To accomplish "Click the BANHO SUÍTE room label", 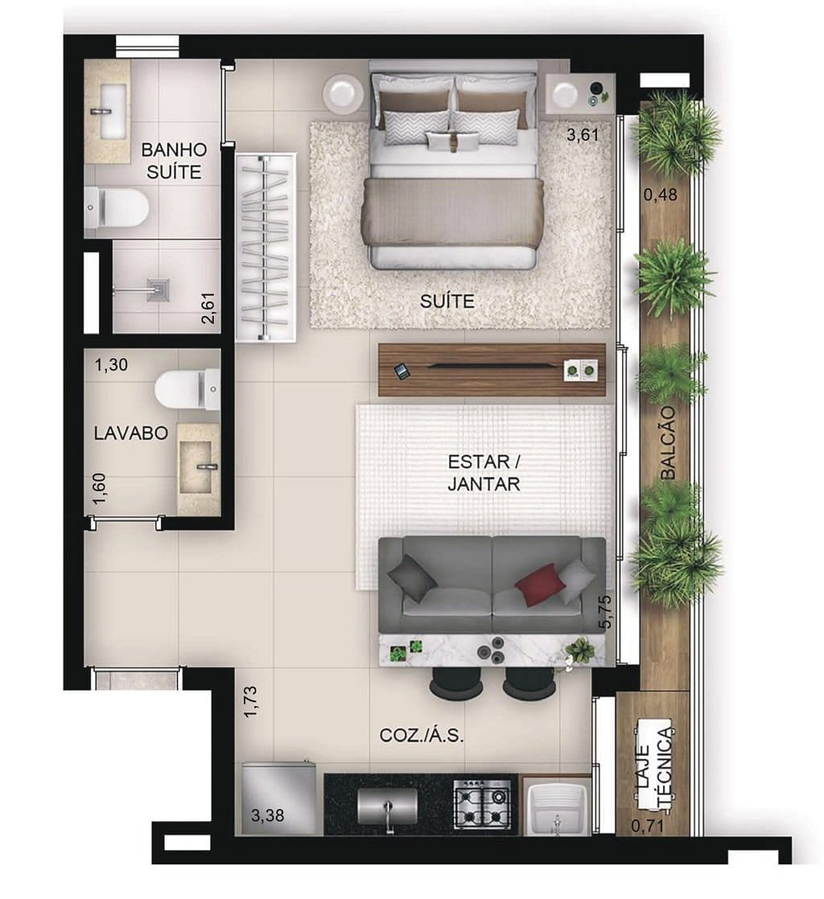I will (174, 160).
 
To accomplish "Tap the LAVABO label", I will (130, 433).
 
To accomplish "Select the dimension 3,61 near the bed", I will (583, 135).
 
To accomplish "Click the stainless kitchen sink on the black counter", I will (387, 805).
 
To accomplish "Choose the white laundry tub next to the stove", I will (558, 807).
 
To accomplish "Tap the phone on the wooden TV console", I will (402, 371).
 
